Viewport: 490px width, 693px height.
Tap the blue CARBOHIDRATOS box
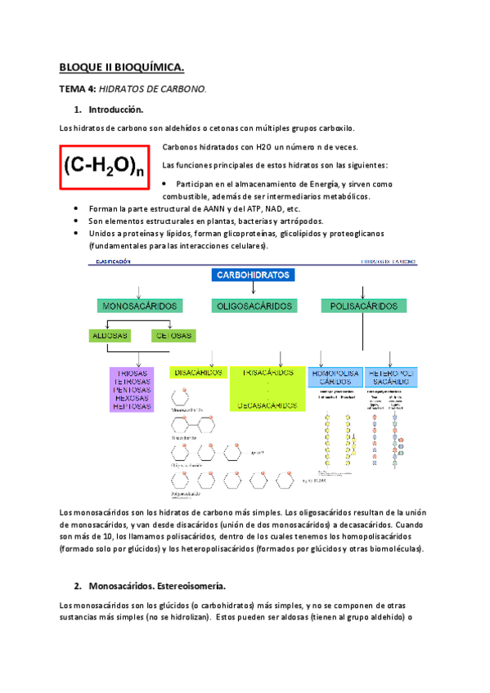coord(254,275)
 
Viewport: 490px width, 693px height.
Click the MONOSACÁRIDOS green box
coord(139,306)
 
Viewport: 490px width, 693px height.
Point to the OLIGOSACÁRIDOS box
coord(254,306)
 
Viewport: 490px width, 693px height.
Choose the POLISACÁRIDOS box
coord(364,306)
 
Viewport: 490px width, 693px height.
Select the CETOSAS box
coord(173,336)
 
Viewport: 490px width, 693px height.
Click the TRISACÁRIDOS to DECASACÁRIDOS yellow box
coord(266,388)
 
